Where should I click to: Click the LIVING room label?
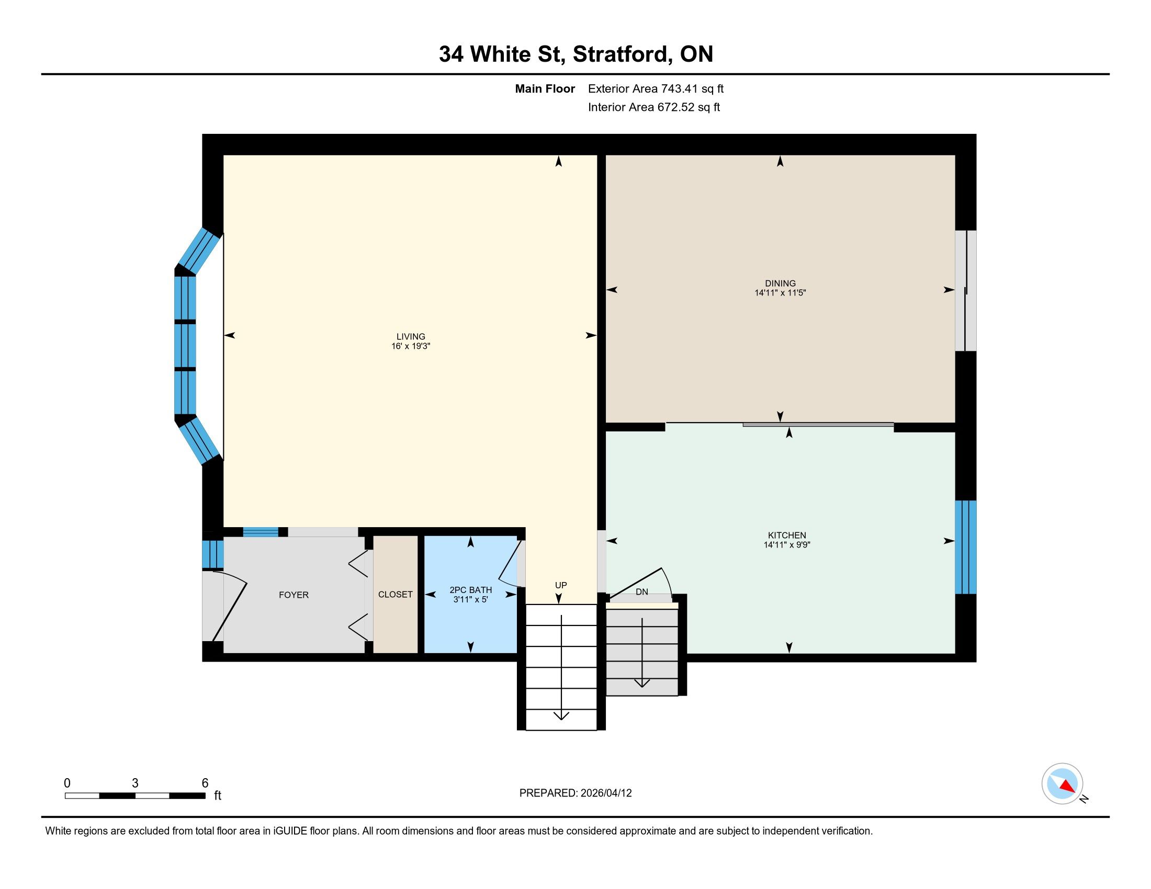(x=411, y=337)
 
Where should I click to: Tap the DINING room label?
(x=781, y=283)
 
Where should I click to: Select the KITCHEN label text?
(x=787, y=535)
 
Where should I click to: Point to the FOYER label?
(x=294, y=595)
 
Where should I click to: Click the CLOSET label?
(x=395, y=594)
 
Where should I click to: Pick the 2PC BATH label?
(x=471, y=590)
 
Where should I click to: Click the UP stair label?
(x=561, y=585)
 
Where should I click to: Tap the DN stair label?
(x=642, y=592)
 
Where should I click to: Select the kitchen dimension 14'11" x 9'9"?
(x=787, y=545)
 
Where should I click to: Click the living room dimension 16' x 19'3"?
(x=411, y=346)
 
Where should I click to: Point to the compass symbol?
(x=1063, y=783)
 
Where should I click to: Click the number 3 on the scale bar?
(x=135, y=783)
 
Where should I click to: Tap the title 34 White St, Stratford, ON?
(x=576, y=54)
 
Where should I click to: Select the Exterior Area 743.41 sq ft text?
(x=656, y=88)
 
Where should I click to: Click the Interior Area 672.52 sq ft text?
(x=654, y=107)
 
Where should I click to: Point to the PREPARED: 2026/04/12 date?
(x=575, y=793)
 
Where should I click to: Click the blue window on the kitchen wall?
(x=965, y=546)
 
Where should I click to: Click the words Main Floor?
(x=545, y=88)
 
